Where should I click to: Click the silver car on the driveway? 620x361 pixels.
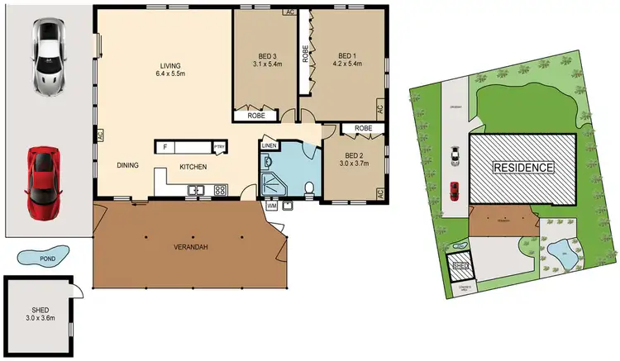click(49, 55)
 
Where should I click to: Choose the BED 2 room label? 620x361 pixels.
click(353, 159)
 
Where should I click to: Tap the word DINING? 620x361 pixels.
click(127, 166)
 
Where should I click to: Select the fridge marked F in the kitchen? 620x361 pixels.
click(165, 147)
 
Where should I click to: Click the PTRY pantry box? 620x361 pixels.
click(219, 147)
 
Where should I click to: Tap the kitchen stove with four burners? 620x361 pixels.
click(221, 190)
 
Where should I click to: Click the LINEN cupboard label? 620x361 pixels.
click(269, 146)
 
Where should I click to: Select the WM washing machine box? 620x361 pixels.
click(272, 206)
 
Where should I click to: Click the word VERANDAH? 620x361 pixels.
click(189, 248)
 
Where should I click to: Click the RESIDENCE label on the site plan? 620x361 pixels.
click(522, 168)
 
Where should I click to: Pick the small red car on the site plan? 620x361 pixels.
click(454, 192)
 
